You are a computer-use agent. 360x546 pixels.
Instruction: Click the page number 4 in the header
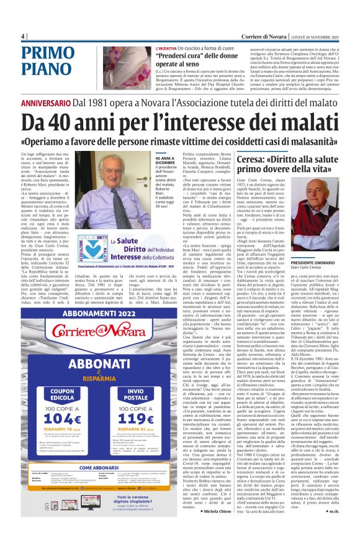(22, 35)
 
